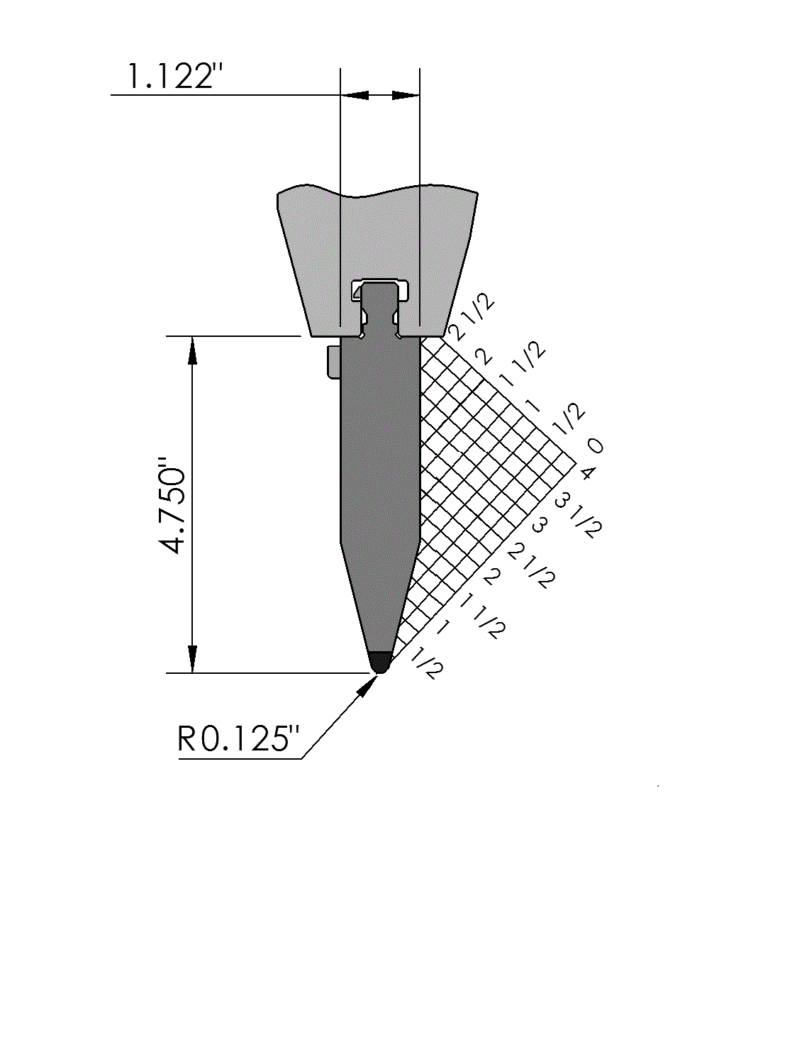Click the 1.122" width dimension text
(x=174, y=76)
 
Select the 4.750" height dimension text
(x=173, y=505)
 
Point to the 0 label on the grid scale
(x=595, y=445)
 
